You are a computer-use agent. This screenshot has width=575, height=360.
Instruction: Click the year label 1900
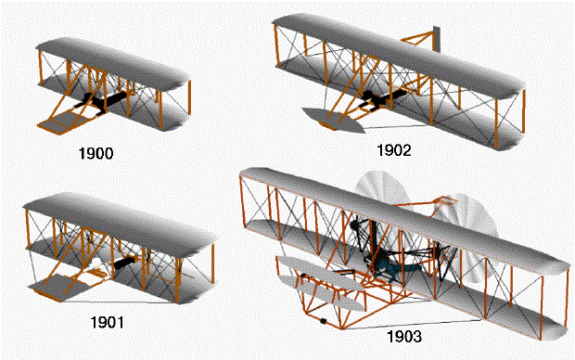(x=97, y=152)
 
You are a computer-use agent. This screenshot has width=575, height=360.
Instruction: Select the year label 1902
(x=394, y=148)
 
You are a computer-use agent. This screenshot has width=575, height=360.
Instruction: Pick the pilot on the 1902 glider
(x=377, y=97)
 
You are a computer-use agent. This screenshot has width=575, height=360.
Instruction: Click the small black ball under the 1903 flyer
(x=323, y=322)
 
